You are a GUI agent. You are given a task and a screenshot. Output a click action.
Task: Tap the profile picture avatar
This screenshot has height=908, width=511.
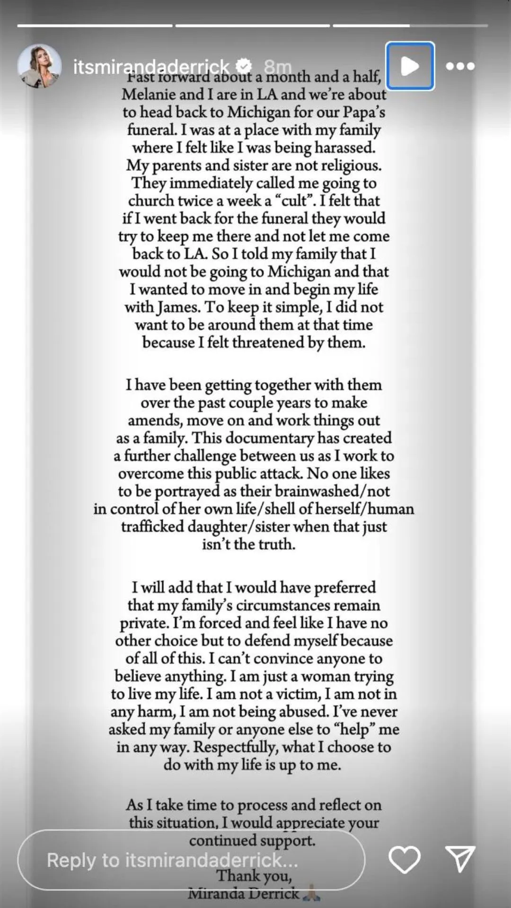coord(39,67)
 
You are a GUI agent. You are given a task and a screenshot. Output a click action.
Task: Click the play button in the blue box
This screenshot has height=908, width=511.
coord(410,66)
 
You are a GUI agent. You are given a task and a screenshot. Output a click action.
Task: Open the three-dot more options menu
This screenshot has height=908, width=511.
coord(460,66)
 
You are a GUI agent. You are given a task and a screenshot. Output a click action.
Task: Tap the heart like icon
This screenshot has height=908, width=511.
coord(404,859)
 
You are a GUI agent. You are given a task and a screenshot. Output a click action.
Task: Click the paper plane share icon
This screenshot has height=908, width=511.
coord(460,859)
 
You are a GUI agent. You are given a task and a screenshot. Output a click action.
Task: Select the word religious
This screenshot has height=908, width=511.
coord(351,166)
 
